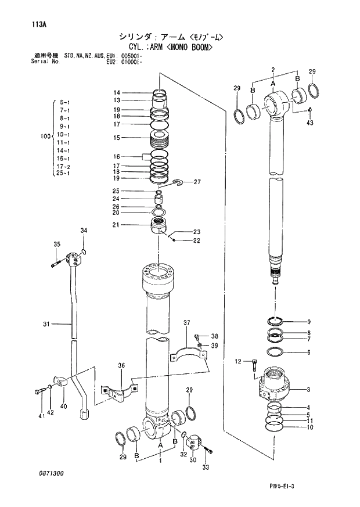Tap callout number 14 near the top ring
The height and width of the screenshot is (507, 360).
[x=117, y=93]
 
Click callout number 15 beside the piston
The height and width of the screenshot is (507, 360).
[x=117, y=138]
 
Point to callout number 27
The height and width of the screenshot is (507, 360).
[x=197, y=182]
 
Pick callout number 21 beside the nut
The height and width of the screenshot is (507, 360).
[x=116, y=225]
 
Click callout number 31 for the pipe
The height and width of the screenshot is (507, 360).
[x=46, y=324]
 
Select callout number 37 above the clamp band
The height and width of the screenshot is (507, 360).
[x=187, y=322]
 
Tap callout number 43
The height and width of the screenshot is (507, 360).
[x=309, y=123]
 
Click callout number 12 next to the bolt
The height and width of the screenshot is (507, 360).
[x=237, y=362]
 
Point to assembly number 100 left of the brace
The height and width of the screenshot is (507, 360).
[x=45, y=137]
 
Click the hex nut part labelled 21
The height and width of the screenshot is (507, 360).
[x=159, y=225]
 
